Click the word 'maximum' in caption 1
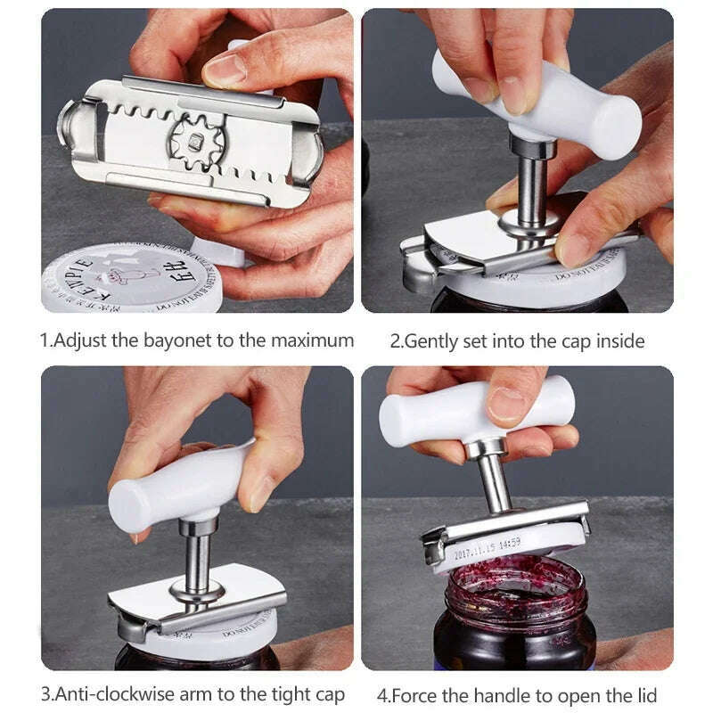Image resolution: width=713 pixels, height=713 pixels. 314,340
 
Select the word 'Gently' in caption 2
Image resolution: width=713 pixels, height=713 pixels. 437,340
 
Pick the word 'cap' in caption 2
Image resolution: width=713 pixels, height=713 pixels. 580,340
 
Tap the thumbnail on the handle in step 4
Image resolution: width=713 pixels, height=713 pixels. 507,402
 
